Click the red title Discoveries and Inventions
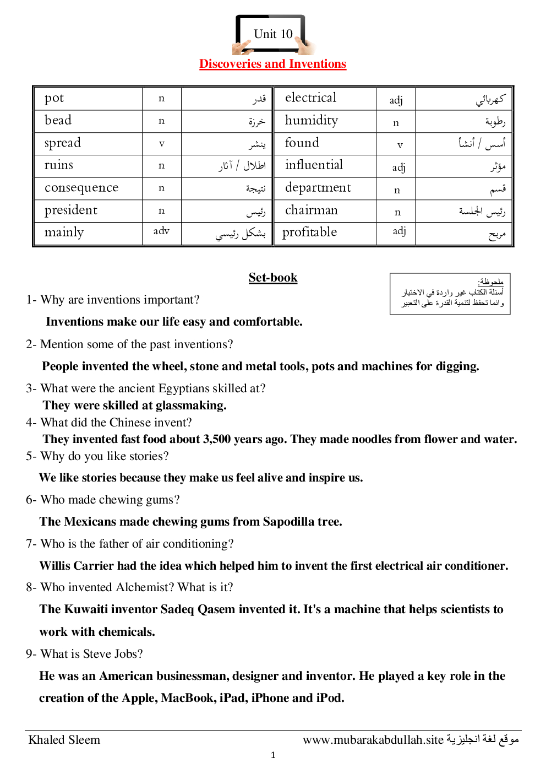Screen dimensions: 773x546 pyautogui.click(x=272, y=64)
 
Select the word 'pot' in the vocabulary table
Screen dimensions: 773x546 pyautogui.click(x=54, y=99)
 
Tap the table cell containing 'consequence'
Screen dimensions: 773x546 pyautogui.click(x=81, y=188)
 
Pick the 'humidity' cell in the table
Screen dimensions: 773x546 pyautogui.click(x=312, y=121)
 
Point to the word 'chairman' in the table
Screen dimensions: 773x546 pyautogui.click(x=312, y=210)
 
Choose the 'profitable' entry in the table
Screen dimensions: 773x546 pyautogui.click(x=309, y=233)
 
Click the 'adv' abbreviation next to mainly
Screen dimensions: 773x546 pyautogui.click(x=161, y=231)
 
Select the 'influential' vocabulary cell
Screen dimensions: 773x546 pyautogui.click(x=314, y=165)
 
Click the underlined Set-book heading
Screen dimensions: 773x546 pyautogui.click(x=273, y=278)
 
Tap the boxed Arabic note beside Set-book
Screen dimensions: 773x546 pyautogui.click(x=450, y=294)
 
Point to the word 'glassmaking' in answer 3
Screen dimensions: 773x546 pyautogui.click(x=190, y=406)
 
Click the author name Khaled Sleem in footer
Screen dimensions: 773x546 pyautogui.click(x=64, y=740)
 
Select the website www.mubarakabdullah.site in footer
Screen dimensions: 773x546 pyautogui.click(x=373, y=740)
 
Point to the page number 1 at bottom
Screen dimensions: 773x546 pyautogui.click(x=273, y=755)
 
